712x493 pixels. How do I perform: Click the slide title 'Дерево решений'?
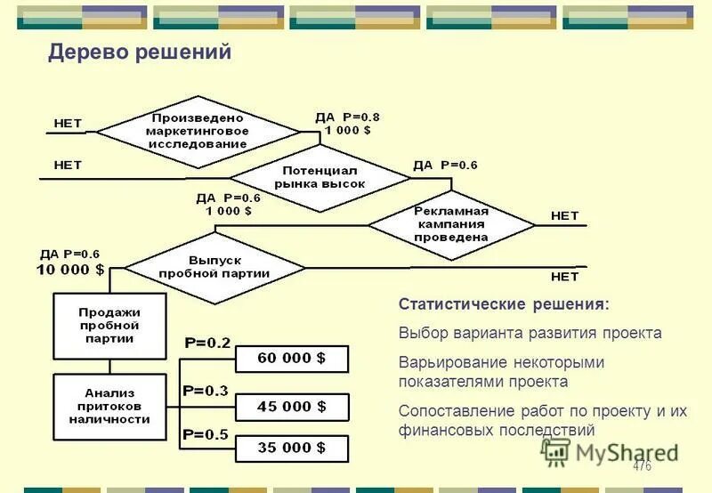coord(140,53)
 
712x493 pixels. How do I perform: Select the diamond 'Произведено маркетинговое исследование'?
coord(198,131)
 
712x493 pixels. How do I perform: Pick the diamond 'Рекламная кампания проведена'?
coord(451,225)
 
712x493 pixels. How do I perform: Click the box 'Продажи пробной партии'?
coord(109,325)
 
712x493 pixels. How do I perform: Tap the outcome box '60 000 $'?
coord(291,358)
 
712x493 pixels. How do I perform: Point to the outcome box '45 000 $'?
coord(291,406)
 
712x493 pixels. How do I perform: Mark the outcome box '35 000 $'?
coord(291,448)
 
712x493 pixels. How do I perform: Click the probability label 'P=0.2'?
coord(206,343)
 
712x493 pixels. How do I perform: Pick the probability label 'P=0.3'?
coord(205,390)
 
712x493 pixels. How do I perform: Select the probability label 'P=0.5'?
coord(206,434)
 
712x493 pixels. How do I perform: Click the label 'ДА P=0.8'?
coord(347,117)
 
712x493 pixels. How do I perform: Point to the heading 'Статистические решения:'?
coord(505,304)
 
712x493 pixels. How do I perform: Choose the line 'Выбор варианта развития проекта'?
coord(530,334)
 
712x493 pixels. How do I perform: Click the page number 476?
coord(642,466)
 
